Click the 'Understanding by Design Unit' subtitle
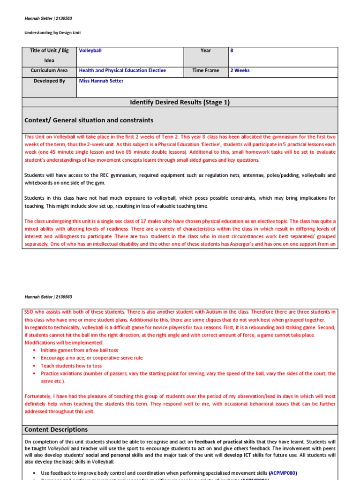55,33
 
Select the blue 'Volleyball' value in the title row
90,51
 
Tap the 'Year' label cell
205,51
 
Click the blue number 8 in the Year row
232,51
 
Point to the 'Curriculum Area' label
49,71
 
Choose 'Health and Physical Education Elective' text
122,71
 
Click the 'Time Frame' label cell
205,71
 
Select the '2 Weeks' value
240,71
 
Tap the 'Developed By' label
49,81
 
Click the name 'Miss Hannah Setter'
101,81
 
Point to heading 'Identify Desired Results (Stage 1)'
180,102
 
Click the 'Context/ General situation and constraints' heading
89,120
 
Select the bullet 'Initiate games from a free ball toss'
79,350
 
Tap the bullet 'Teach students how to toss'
71,366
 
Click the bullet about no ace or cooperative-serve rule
91,358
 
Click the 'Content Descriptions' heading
56,429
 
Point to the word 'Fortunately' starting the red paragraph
38,396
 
